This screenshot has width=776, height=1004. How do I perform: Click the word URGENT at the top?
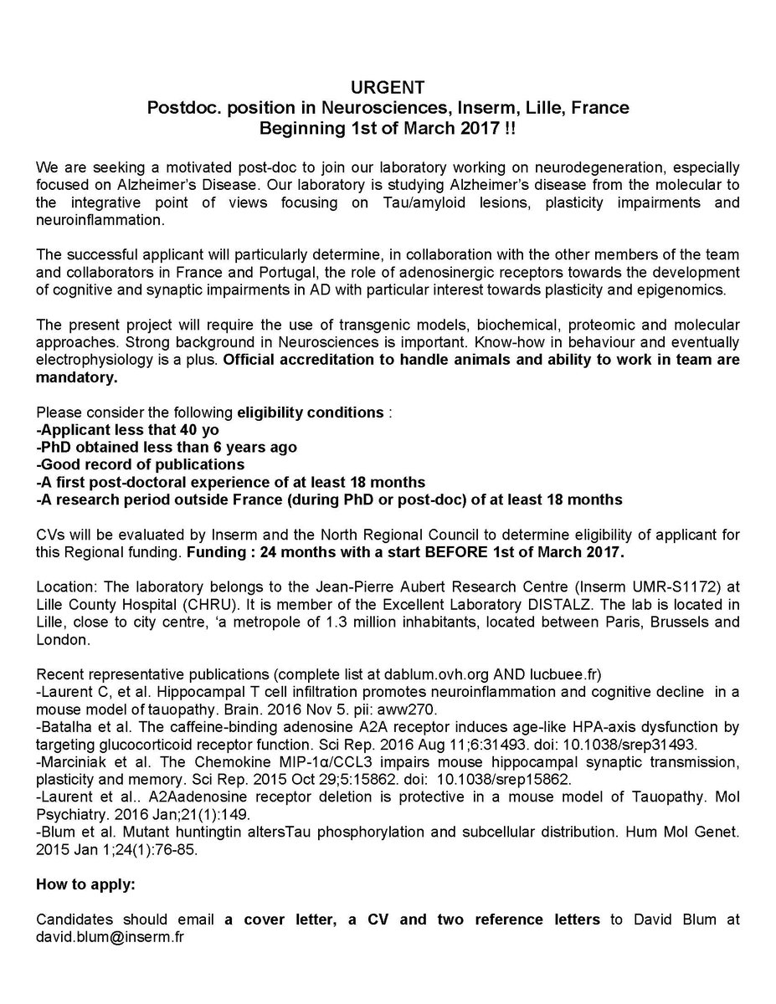(x=388, y=86)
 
